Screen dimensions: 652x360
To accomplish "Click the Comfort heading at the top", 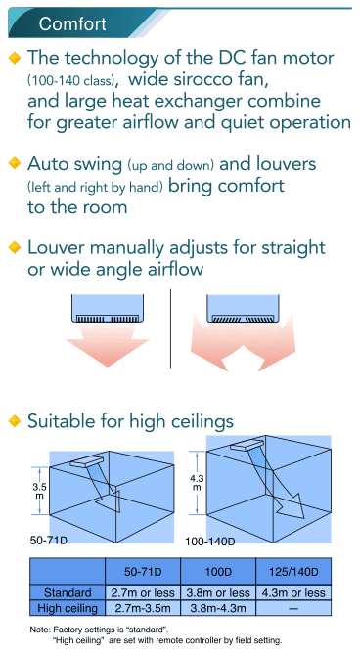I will click(73, 22).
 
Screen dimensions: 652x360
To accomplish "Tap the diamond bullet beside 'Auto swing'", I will click(14, 162).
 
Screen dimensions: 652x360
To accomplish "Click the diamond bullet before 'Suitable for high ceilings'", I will click(14, 421).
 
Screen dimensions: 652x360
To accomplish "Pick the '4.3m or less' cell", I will click(292, 592).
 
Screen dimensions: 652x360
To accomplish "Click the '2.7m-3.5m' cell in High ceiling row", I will click(141, 607).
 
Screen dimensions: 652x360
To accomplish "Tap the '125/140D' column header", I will click(292, 572).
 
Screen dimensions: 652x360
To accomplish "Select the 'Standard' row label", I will click(67, 592).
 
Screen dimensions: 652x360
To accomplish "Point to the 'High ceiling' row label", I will click(67, 607).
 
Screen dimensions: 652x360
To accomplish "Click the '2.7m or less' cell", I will click(141, 592).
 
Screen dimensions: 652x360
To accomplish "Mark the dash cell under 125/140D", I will click(292, 607).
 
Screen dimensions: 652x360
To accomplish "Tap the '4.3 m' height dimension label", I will click(197, 481).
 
